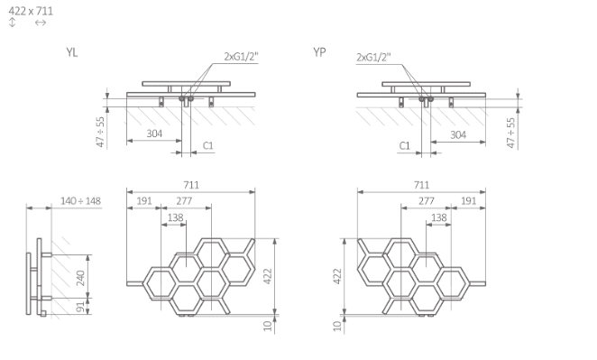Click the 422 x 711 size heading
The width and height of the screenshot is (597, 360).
(31, 11)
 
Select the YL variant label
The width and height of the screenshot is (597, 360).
(71, 52)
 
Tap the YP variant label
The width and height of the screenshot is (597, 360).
(319, 51)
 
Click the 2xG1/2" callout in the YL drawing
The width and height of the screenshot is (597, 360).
(241, 56)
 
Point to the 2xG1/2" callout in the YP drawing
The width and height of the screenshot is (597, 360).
(373, 57)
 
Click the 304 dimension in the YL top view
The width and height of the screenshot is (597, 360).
(154, 134)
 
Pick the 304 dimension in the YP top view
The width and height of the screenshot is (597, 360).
(458, 134)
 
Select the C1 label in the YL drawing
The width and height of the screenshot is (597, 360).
(208, 145)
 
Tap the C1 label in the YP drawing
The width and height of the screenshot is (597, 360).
(404, 145)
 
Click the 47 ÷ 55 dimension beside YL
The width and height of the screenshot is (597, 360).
(100, 132)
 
